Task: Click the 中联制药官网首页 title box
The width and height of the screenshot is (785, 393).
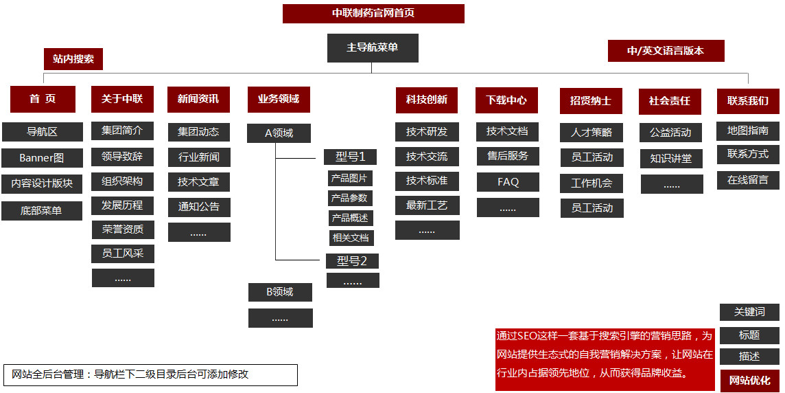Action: (x=373, y=14)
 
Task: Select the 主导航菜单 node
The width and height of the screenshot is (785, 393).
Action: (x=373, y=48)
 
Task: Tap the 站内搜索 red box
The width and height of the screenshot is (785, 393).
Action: (x=73, y=59)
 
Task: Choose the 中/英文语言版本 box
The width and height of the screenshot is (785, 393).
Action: (x=666, y=51)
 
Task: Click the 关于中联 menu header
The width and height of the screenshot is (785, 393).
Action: (x=122, y=99)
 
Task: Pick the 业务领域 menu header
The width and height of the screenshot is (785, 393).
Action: (x=279, y=99)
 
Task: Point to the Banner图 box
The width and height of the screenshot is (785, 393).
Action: (x=42, y=158)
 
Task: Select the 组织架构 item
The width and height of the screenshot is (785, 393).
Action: (x=123, y=181)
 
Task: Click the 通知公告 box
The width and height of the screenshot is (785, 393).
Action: (x=199, y=207)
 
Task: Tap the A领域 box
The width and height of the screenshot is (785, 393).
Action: (x=279, y=133)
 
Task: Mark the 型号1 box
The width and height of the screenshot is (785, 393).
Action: (x=351, y=157)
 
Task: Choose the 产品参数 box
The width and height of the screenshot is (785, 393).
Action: (x=350, y=198)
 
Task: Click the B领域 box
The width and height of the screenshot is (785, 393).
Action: (x=280, y=292)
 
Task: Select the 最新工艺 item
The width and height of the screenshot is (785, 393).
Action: (x=427, y=205)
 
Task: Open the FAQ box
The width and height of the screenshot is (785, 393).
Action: (x=508, y=182)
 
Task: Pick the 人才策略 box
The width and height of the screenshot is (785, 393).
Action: (x=591, y=132)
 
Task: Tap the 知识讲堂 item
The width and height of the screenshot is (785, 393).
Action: (x=671, y=158)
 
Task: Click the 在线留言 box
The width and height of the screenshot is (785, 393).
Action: (x=748, y=180)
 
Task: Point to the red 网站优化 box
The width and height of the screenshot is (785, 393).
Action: (x=749, y=381)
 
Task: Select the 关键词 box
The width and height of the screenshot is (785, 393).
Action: (x=749, y=312)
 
